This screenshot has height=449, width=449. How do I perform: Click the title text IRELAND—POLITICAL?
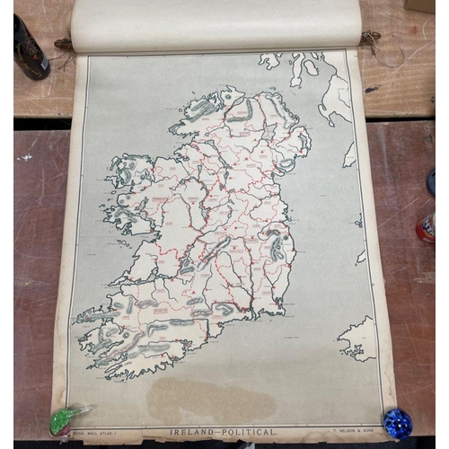point(223,432)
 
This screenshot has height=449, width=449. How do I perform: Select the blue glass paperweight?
point(397,423)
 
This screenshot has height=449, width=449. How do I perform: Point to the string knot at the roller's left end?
point(62,43)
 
